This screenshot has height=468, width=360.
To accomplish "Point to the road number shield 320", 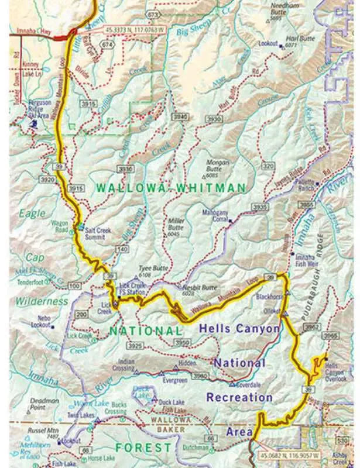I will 269,167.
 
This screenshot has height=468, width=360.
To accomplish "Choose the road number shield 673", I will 153,13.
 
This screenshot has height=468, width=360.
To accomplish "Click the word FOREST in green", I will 143,448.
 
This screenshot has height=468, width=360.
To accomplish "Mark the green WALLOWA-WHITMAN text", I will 170,188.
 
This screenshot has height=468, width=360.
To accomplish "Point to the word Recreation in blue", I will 239,398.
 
